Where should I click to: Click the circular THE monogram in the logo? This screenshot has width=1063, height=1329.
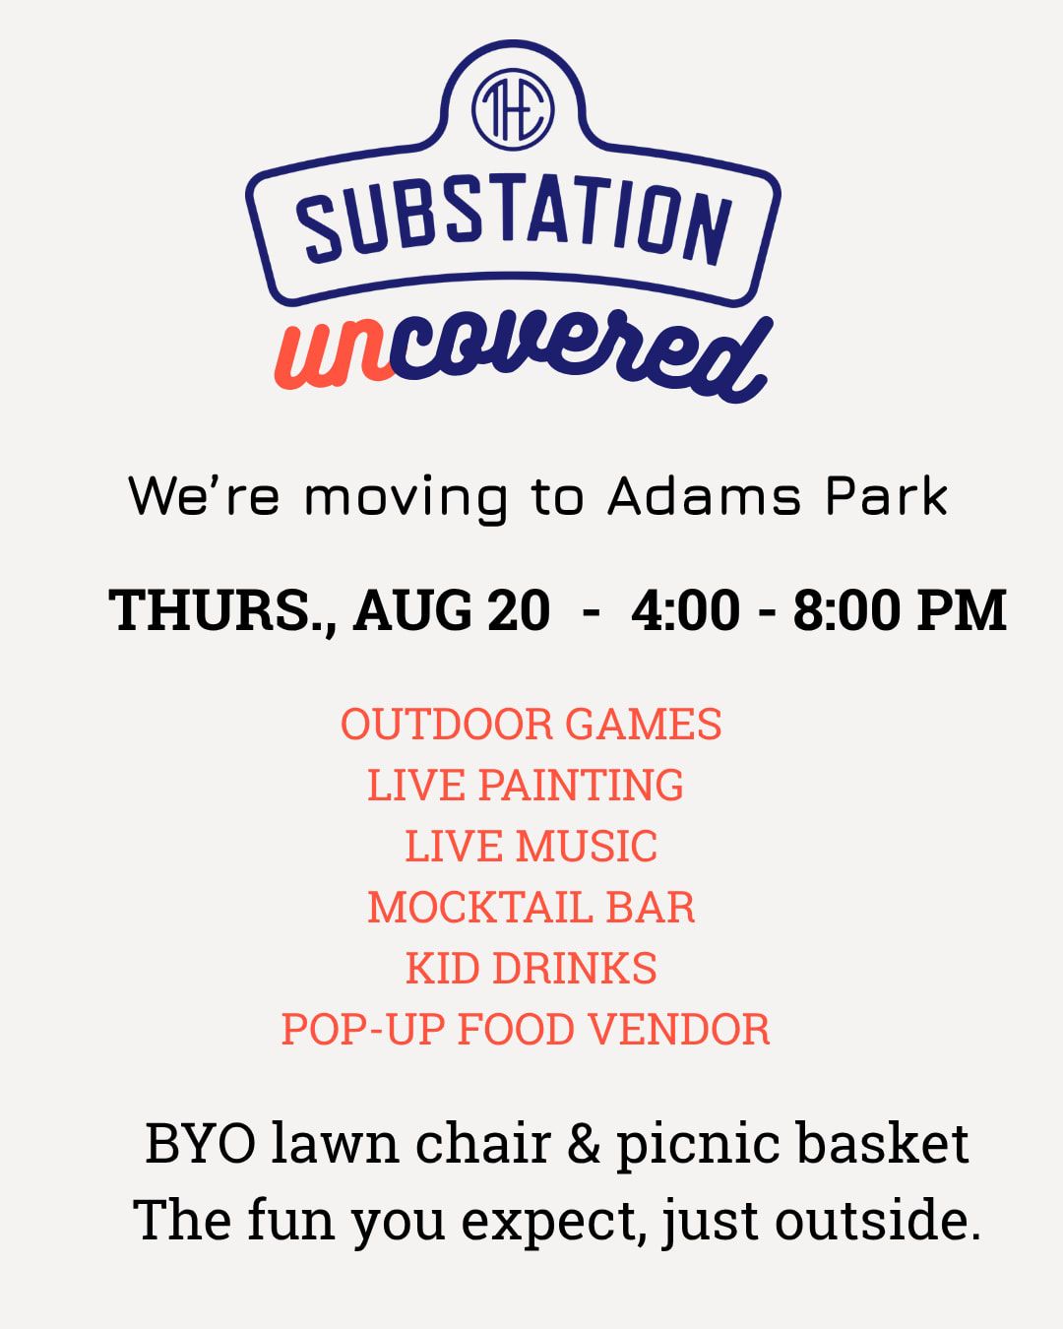(x=513, y=109)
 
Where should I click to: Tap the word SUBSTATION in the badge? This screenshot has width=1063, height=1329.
(x=514, y=221)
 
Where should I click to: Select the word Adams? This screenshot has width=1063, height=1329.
(x=704, y=496)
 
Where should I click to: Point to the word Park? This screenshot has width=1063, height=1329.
(x=887, y=496)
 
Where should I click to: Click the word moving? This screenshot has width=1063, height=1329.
(x=406, y=500)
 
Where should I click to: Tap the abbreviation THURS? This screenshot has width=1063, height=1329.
(x=222, y=610)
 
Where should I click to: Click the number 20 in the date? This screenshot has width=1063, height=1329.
(x=519, y=610)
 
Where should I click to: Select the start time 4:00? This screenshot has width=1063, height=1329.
(x=685, y=610)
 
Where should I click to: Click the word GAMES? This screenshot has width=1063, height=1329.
(x=643, y=724)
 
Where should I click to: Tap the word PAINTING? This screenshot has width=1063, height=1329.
(x=581, y=785)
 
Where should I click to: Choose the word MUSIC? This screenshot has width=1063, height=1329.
(x=587, y=846)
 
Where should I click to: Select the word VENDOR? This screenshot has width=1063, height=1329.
(x=678, y=1029)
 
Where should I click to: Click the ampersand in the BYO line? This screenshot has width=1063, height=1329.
(x=584, y=1143)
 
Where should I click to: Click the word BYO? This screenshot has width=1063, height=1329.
(x=201, y=1144)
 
